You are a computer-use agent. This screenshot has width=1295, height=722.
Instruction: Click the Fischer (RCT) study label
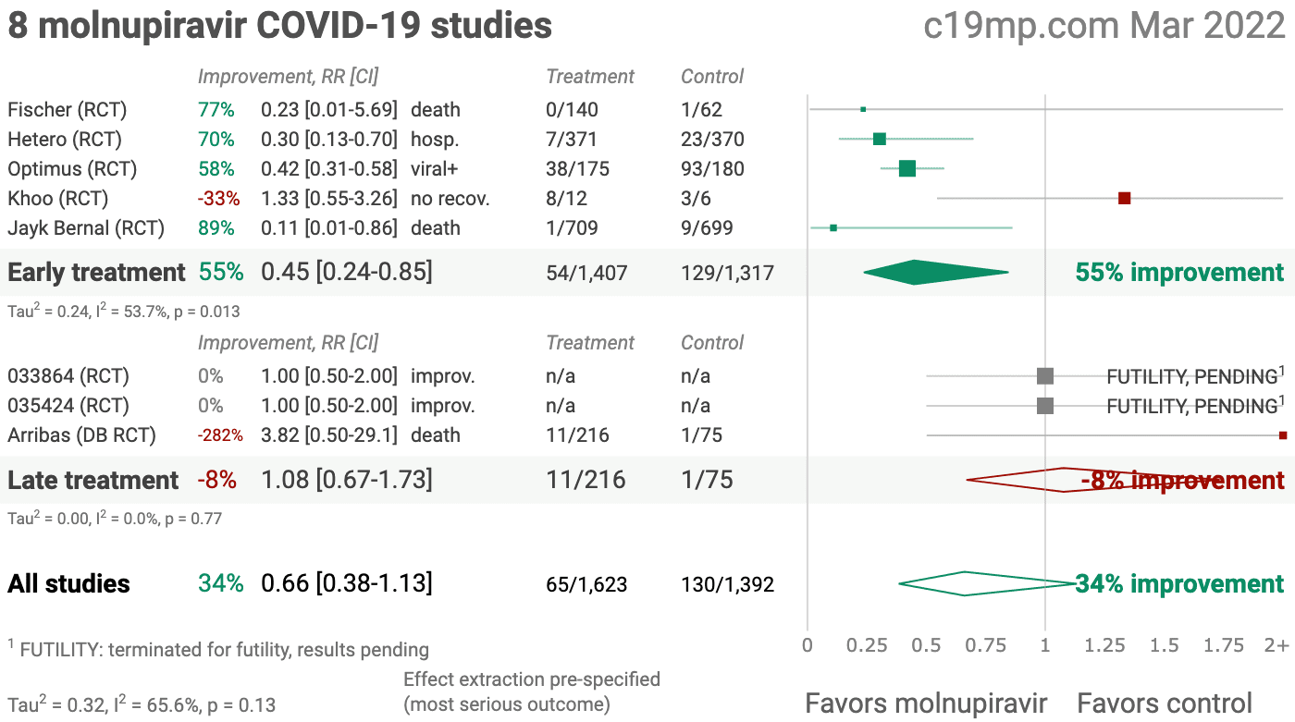67,110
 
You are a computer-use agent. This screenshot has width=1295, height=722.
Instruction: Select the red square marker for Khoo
1124,198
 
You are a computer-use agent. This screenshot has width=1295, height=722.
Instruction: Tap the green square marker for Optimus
907,168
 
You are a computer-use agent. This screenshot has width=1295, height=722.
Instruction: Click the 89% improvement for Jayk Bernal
216,228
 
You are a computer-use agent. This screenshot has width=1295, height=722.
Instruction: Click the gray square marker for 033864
1045,375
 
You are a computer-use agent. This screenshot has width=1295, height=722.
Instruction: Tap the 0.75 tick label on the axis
986,644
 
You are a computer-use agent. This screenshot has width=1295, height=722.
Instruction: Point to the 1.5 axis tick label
1163,644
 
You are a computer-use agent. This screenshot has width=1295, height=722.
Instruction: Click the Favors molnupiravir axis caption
926,703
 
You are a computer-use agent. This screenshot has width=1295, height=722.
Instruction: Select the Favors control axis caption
1165,703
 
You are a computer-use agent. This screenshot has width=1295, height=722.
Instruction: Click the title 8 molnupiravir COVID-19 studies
279,26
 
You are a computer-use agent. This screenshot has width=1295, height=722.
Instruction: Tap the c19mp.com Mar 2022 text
1104,26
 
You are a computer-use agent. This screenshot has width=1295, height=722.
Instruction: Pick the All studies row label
68,584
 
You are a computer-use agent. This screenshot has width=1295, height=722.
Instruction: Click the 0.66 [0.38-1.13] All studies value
347,584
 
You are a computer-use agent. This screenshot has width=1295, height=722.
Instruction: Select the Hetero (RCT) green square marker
879,139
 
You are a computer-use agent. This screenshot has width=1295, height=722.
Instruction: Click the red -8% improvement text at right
1182,481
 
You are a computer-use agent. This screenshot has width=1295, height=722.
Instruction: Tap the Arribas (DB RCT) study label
81,435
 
